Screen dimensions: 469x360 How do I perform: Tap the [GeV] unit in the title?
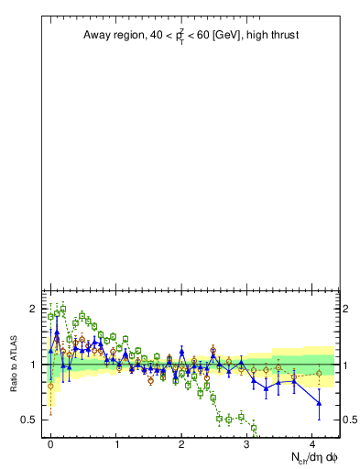coord(224,36)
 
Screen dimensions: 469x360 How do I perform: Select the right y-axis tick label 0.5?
coord(350,420)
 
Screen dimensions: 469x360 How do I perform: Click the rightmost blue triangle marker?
coord(319,402)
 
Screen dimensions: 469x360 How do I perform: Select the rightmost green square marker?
coord(254,428)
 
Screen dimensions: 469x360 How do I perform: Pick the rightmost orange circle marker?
coord(319,373)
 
